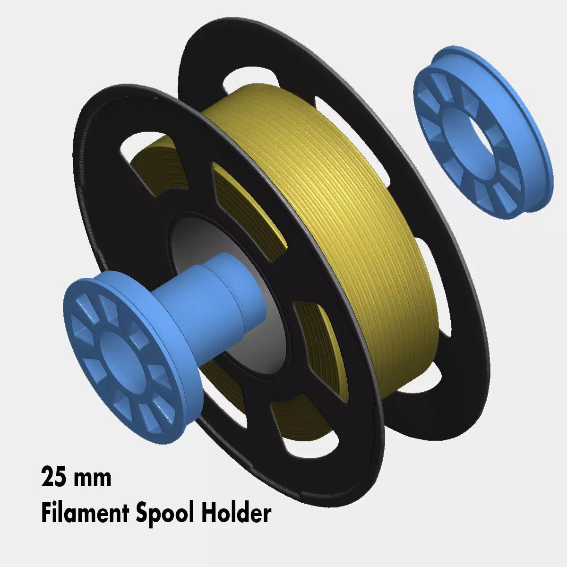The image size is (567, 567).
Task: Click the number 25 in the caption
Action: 53,478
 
